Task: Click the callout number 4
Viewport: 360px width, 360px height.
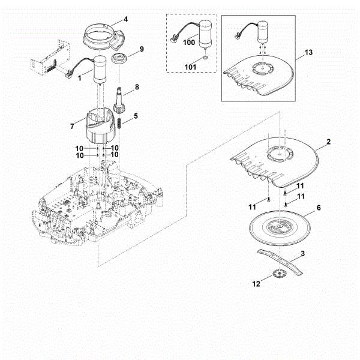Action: point(125,19)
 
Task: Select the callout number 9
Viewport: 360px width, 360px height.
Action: point(141,49)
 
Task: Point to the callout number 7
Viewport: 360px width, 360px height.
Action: point(73,126)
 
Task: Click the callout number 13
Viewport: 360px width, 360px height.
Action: point(308,53)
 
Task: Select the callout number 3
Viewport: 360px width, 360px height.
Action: point(302,254)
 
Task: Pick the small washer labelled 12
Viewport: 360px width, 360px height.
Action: point(278,275)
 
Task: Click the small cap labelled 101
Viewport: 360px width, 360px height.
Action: point(206,58)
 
